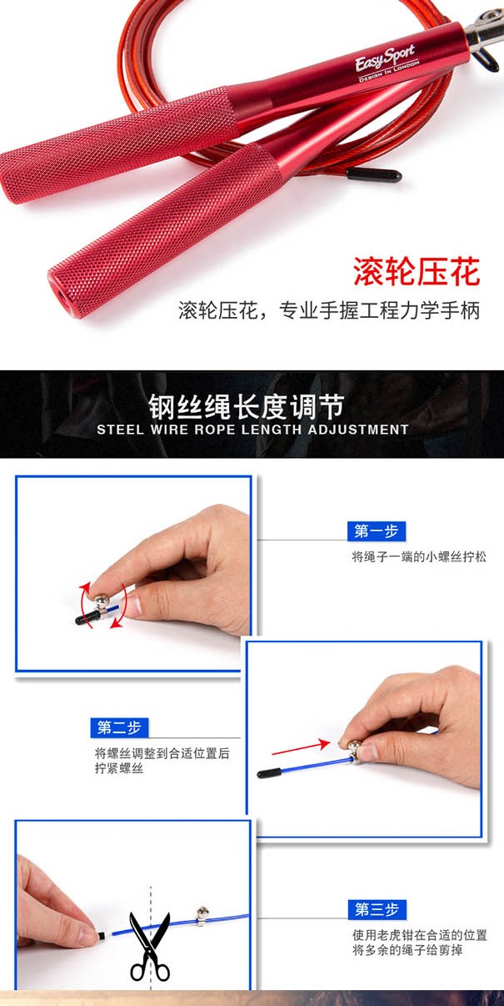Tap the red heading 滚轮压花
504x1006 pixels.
click(417, 271)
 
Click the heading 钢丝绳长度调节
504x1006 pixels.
click(247, 406)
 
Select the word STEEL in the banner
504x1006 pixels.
click(120, 430)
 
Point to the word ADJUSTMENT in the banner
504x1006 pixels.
click(358, 430)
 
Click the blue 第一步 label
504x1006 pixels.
click(377, 531)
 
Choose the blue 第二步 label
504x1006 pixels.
click(119, 727)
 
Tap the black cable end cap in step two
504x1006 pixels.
click(269, 773)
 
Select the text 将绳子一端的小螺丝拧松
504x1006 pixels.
click(419, 557)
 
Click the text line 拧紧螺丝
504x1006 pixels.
click(119, 768)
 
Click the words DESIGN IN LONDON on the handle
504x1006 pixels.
click(389, 71)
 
